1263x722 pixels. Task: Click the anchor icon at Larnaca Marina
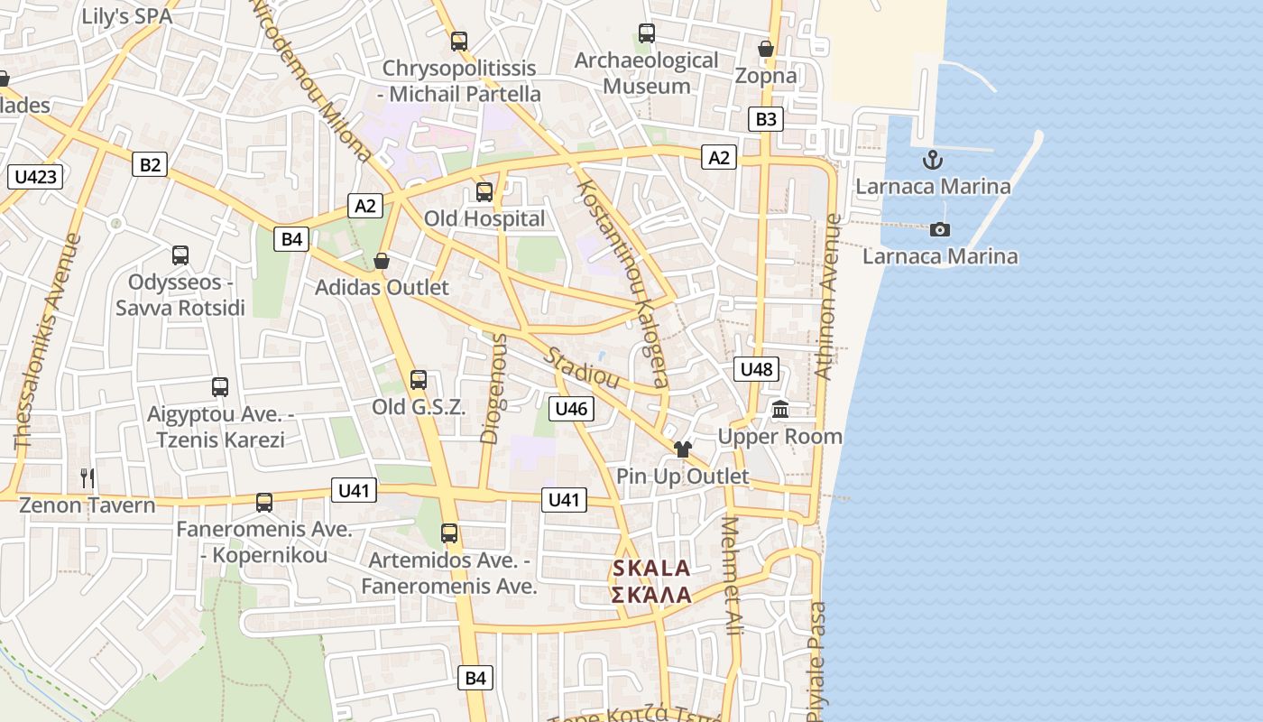click(932, 161)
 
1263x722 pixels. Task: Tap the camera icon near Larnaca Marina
click(939, 229)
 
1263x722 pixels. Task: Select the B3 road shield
click(765, 119)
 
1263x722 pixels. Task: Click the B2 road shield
click(150, 164)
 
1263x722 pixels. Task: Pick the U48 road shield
click(755, 368)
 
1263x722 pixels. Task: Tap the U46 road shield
click(571, 409)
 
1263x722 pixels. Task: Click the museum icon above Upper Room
click(780, 410)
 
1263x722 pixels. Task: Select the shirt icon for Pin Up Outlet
click(682, 449)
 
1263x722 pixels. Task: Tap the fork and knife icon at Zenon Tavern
click(88, 478)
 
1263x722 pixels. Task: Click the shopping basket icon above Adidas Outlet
click(382, 262)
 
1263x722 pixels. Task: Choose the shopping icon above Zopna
click(766, 49)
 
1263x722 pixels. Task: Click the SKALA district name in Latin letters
click(650, 569)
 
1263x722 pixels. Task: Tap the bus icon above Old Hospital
click(484, 192)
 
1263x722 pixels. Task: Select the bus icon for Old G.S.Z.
click(419, 380)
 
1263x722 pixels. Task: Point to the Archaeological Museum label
click(646, 73)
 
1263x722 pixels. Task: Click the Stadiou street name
click(581, 365)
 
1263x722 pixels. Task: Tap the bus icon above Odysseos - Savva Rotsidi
click(180, 255)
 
